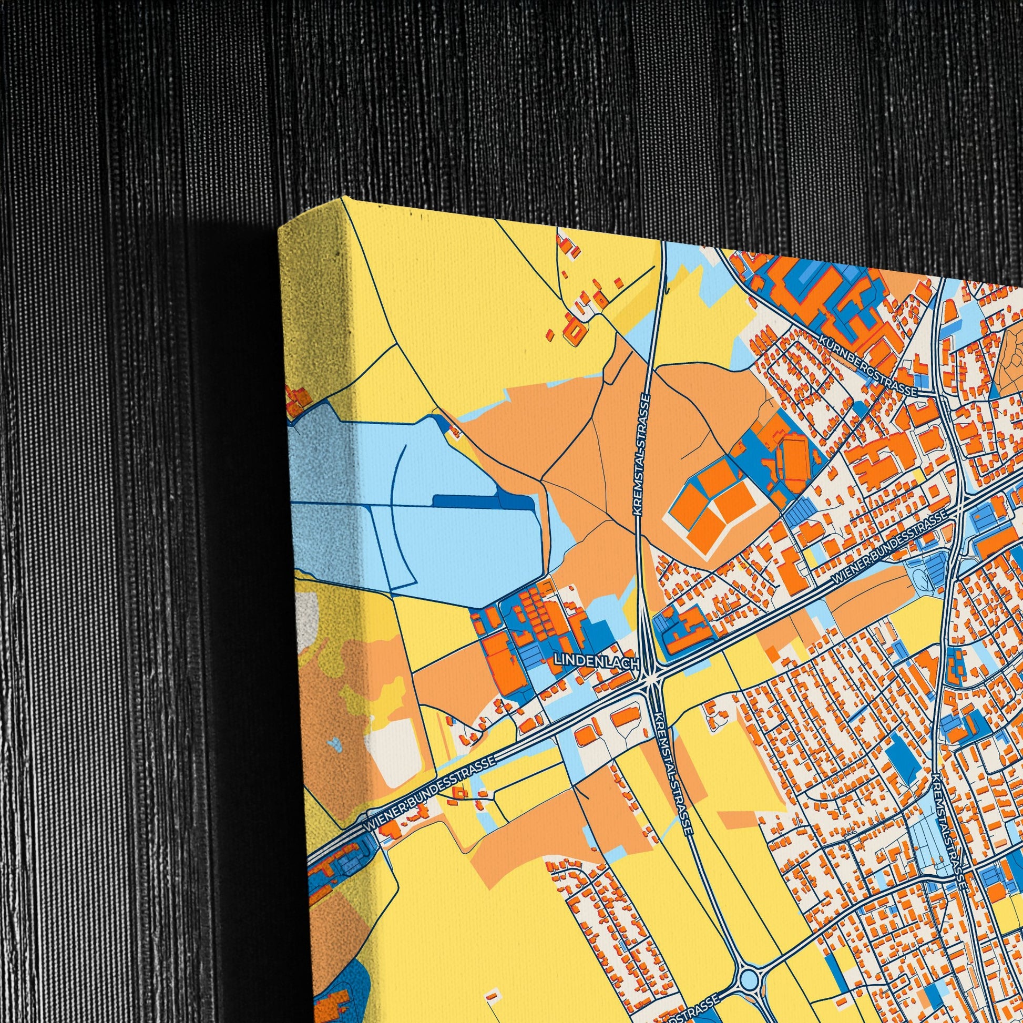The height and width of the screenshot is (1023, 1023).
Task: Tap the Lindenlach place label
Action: coord(597,661)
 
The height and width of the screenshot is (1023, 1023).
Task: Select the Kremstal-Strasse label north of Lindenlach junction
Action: coord(641,454)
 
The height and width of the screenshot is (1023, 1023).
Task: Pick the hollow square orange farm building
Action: coord(577,328)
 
